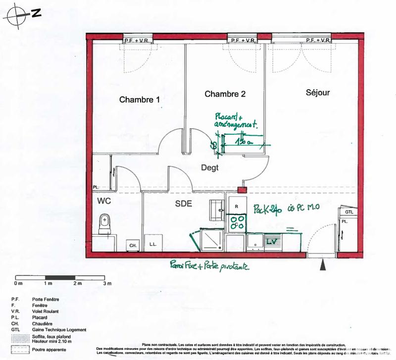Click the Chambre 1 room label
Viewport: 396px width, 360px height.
(140, 100)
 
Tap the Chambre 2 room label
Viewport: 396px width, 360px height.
(225, 94)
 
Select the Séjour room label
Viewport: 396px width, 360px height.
(317, 92)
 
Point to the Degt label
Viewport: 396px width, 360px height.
(209, 167)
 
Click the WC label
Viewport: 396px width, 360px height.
(103, 201)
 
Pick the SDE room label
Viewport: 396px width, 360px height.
(184, 203)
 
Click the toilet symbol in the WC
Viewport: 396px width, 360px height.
(104, 224)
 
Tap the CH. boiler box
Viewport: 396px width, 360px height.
(133, 245)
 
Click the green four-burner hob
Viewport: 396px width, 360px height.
(236, 221)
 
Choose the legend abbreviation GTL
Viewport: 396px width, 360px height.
(15, 330)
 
